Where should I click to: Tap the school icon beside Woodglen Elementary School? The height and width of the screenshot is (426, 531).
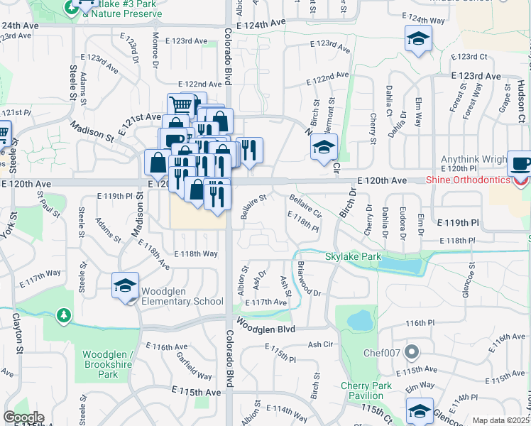pyautogui.click(x=125, y=286)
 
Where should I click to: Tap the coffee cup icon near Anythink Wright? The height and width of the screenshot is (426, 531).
pyautogui.click(x=519, y=163)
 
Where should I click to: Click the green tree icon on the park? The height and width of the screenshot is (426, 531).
pyautogui.click(x=64, y=315)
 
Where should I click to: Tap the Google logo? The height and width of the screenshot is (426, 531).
pyautogui.click(x=23, y=417)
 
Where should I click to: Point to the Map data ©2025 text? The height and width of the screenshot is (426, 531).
pyautogui.click(x=501, y=420)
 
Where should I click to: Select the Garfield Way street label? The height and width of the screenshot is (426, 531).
pyautogui.click(x=195, y=366)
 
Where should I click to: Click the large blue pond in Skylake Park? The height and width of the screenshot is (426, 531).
pyautogui.click(x=402, y=266)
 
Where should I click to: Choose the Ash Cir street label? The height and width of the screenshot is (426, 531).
pyautogui.click(x=320, y=344)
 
